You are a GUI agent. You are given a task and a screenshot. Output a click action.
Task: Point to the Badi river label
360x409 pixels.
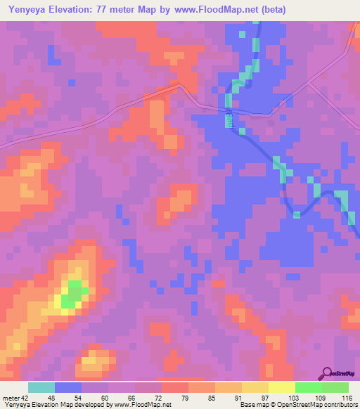[229, 121]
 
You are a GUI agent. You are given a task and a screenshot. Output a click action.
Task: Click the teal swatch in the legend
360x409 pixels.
[41, 387]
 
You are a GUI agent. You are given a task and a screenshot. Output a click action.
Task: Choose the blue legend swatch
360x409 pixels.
[68, 387]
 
